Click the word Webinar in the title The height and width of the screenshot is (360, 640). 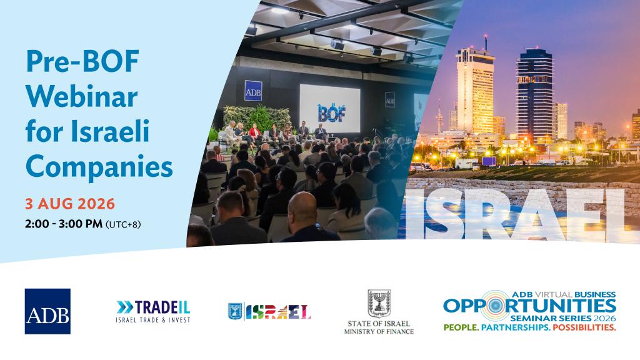pyautogui.click(x=82, y=97)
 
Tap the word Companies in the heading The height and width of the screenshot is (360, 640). pyautogui.click(x=99, y=167)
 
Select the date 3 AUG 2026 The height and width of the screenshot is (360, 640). pyautogui.click(x=70, y=204)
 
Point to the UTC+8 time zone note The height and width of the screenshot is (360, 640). pyautogui.click(x=123, y=224)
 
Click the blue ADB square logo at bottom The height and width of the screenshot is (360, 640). pyautogui.click(x=47, y=311)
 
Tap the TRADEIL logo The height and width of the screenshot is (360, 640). pyautogui.click(x=153, y=311)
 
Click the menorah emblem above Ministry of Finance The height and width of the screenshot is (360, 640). pyautogui.click(x=379, y=303)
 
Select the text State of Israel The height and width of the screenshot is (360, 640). pyautogui.click(x=379, y=324)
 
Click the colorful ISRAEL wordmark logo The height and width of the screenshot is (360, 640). pyautogui.click(x=278, y=312)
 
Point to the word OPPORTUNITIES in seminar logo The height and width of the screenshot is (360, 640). pyautogui.click(x=529, y=306)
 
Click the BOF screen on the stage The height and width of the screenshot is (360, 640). pyautogui.click(x=330, y=109)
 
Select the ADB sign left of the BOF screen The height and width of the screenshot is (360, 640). pyautogui.click(x=253, y=91)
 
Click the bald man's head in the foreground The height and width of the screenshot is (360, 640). pyautogui.click(x=303, y=210)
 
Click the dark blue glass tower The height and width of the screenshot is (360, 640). pyautogui.click(x=535, y=93)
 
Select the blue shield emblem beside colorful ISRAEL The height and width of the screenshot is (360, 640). pyautogui.click(x=235, y=311)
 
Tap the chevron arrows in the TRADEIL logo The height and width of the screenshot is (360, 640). pyautogui.click(x=124, y=307)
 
